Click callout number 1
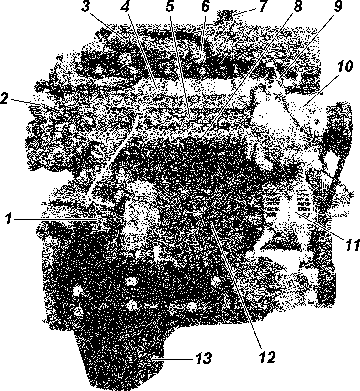click(9, 219)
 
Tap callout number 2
click(5, 99)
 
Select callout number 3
click(85, 7)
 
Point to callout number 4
click(125, 7)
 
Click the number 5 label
click(169, 7)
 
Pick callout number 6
click(205, 7)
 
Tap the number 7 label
click(263, 7)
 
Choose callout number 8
click(297, 7)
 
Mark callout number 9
click(338, 7)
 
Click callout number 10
click(345, 67)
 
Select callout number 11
click(352, 244)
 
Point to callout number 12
click(267, 358)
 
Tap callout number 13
click(203, 359)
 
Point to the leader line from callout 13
click(172, 359)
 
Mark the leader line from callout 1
click(56, 219)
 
